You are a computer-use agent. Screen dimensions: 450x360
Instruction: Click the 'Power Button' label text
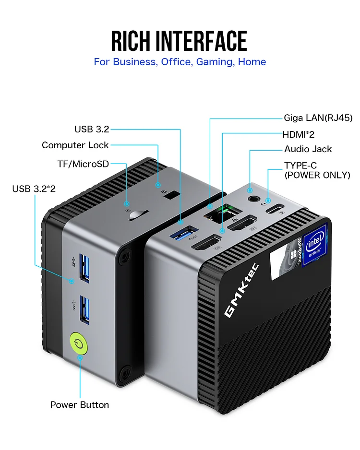click(x=80, y=405)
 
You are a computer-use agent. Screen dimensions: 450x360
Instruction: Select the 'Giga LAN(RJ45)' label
click(x=318, y=118)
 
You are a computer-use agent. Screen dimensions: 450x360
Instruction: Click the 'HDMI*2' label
click(x=299, y=134)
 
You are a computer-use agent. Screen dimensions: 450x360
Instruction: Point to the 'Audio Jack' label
click(x=308, y=149)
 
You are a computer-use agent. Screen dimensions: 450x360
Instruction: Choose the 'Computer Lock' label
click(x=75, y=145)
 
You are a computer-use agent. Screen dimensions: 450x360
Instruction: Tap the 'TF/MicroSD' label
click(x=83, y=164)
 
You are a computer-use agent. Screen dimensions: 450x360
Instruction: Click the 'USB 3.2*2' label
click(x=34, y=189)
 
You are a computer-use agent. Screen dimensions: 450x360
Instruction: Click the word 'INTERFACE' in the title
click(x=201, y=41)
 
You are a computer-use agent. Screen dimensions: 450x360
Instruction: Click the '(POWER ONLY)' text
click(x=317, y=176)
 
